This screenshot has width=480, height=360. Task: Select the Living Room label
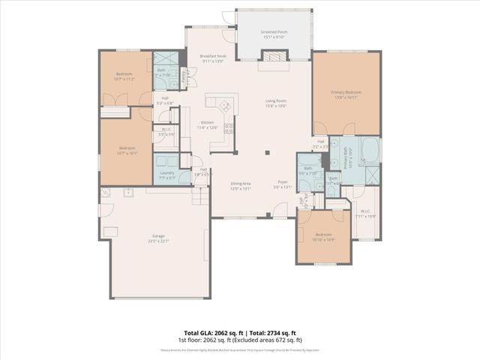pos(276,103)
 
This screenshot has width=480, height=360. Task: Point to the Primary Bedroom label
pos(346,94)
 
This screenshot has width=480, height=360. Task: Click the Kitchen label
pos(206,124)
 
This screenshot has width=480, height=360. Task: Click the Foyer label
pos(283,184)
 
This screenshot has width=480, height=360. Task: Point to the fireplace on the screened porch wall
pos(273,56)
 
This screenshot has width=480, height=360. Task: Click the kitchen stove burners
pos(229,127)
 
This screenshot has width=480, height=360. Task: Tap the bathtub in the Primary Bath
pos(370,149)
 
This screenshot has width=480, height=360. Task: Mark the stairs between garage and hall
pos(199,196)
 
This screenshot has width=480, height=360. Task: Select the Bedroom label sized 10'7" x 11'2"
pos(124,75)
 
